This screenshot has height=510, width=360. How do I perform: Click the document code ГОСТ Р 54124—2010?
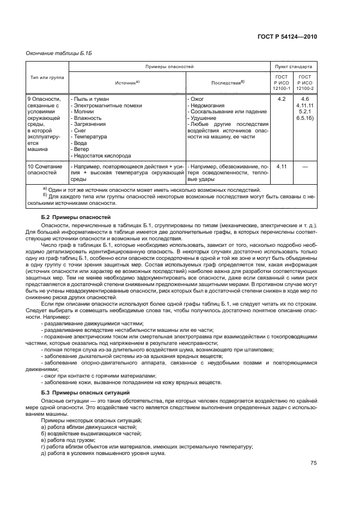coord(287,36)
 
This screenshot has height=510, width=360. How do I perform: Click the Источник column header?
coord(126,83)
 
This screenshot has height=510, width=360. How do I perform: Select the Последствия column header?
coord(228,83)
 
